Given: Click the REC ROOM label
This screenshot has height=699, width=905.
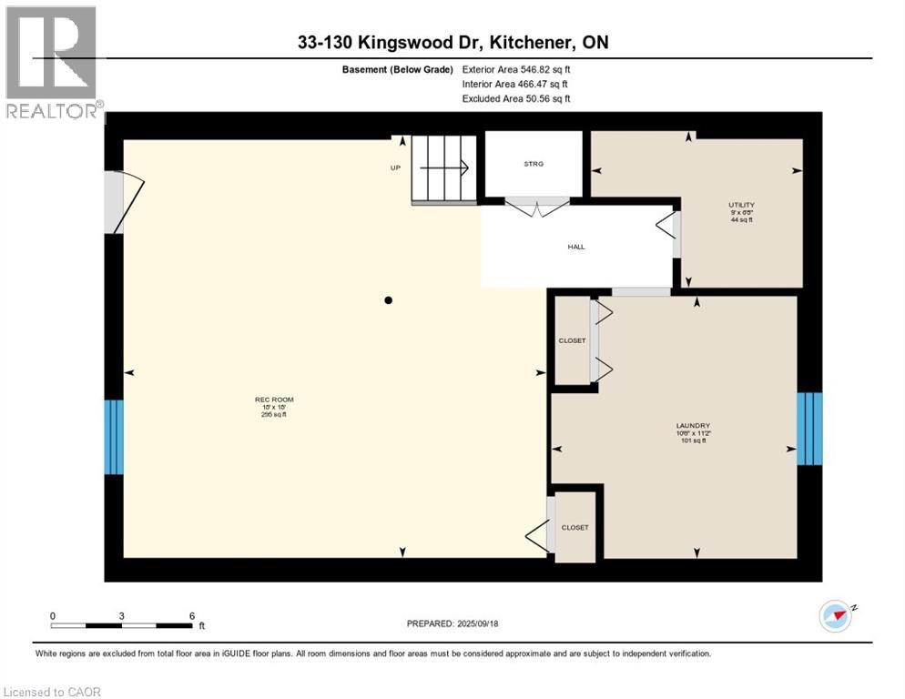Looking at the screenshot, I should click(274, 400).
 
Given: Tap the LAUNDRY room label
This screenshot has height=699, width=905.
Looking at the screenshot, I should click(693, 426).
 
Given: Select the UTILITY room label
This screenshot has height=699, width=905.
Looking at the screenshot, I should click(741, 205).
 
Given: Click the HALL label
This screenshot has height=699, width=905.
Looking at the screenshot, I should click(575, 246).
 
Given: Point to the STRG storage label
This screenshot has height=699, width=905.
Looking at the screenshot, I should click(533, 164).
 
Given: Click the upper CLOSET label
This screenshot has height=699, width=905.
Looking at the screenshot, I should click(572, 340).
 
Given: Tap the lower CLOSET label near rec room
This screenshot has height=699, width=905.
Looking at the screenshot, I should click(575, 527).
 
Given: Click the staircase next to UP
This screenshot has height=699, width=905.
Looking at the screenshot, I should click(444, 169).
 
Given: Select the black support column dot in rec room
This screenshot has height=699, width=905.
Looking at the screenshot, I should click(388, 300).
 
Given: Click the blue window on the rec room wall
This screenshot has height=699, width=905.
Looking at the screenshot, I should click(113, 437).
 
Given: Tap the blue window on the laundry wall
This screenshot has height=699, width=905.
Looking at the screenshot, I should click(809, 429).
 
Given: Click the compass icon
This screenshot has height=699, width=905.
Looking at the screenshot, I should click(835, 616).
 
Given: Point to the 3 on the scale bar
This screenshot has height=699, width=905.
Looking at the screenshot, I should click(121, 615).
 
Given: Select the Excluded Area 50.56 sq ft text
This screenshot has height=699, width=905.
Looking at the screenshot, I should click(516, 98).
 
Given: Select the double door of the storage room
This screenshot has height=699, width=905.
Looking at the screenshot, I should click(538, 207).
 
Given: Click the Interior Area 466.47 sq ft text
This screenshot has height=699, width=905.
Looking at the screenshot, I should click(514, 84).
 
